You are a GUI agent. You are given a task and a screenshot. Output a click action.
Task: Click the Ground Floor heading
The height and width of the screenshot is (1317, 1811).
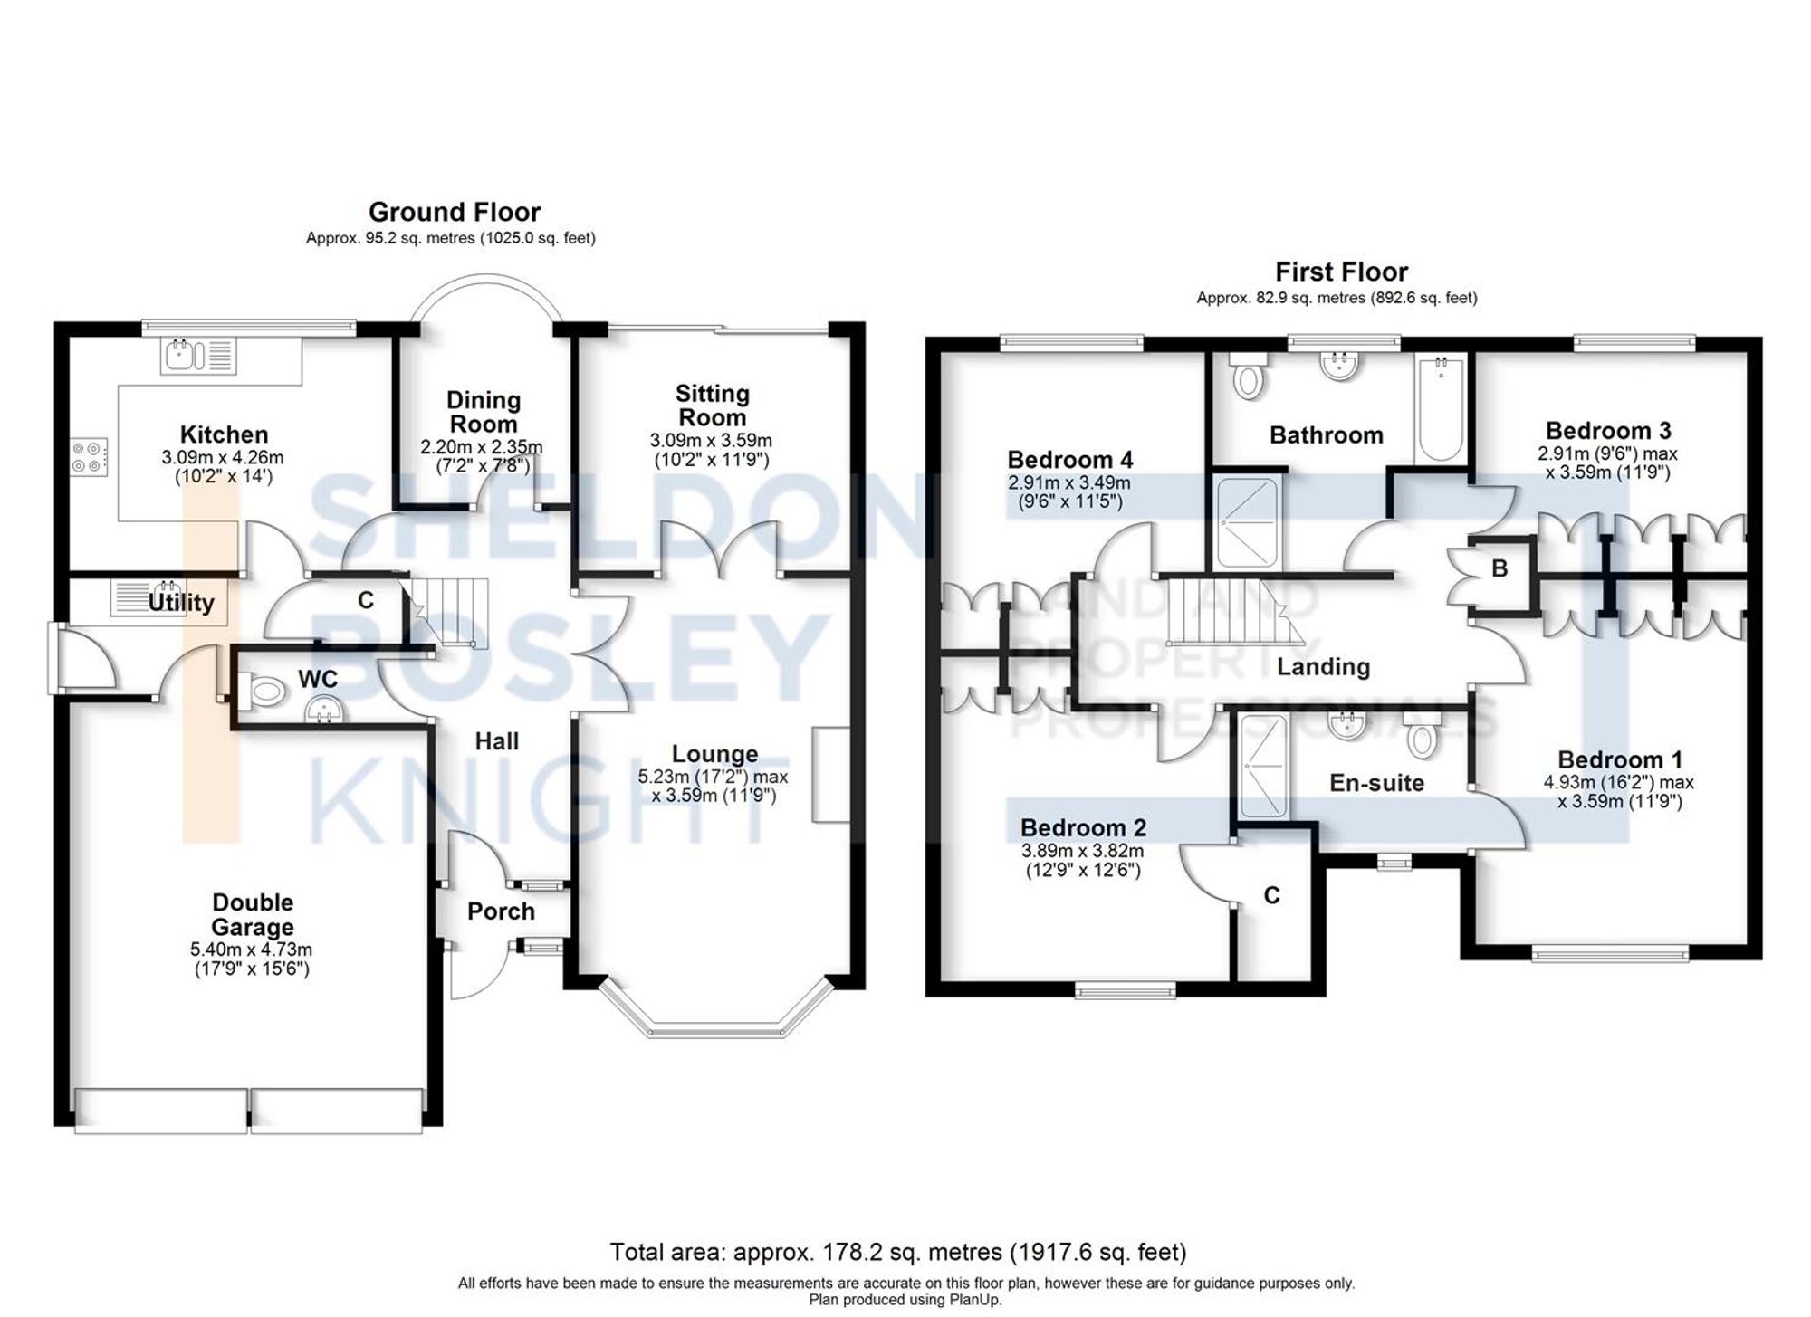point(454,212)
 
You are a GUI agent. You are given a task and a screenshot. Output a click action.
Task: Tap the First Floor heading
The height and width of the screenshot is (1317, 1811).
point(1341,272)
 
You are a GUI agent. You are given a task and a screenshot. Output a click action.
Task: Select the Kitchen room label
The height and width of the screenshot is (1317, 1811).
point(224,434)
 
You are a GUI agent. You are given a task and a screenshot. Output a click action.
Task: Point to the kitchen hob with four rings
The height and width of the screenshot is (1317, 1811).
point(90,457)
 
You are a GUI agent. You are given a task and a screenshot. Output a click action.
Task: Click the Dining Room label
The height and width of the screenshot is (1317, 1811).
point(484,412)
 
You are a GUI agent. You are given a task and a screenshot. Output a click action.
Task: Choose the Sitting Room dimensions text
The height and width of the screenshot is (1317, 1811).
point(711,450)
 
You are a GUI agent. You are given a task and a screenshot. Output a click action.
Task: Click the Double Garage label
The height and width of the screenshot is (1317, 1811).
point(253,914)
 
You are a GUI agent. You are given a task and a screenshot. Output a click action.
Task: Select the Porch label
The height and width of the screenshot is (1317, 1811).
point(501,911)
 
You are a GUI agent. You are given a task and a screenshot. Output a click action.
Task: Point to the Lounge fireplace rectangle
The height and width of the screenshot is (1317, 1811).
point(830,774)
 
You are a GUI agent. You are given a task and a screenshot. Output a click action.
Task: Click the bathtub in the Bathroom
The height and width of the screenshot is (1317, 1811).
point(1441,409)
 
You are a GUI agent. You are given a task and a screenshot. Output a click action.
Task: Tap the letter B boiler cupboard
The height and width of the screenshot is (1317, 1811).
point(1500,568)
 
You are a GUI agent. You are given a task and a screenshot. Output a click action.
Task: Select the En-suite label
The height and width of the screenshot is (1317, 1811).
point(1376,783)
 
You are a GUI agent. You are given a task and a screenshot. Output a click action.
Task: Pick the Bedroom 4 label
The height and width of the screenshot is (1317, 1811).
point(1069,460)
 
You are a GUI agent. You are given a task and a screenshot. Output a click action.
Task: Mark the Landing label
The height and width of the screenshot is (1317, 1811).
point(1323,667)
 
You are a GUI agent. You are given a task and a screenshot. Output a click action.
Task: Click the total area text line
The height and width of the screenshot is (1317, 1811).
point(897,1252)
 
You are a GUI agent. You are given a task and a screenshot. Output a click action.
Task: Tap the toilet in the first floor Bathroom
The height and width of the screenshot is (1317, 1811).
point(1249,376)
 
